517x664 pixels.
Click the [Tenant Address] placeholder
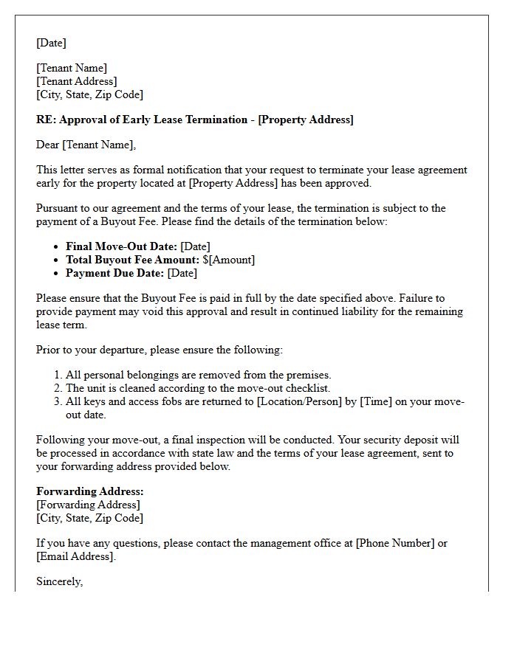[77, 81]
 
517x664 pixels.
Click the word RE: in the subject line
[47, 120]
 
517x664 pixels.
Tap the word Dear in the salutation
[48, 145]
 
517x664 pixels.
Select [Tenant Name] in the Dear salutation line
[98, 145]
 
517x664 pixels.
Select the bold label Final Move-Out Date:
[121, 246]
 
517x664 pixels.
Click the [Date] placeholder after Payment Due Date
[182, 273]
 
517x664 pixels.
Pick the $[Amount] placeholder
[229, 260]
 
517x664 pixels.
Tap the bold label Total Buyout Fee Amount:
[132, 260]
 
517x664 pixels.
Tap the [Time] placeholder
[377, 401]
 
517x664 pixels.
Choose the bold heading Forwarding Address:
[90, 491]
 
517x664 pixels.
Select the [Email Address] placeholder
[75, 556]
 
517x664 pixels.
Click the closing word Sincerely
[59, 581]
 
